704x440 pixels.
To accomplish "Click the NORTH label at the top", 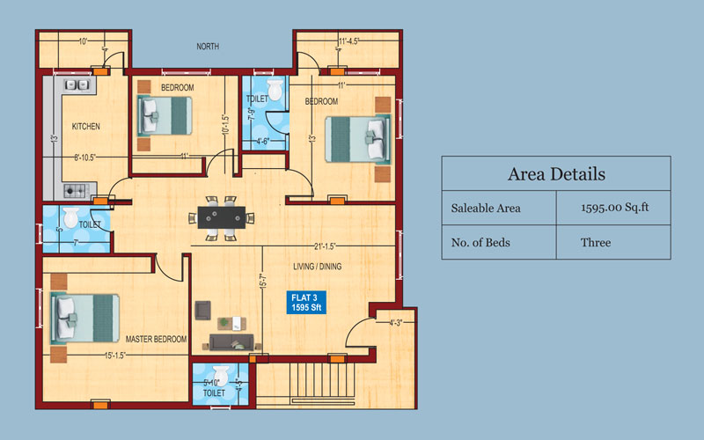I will point(208,47).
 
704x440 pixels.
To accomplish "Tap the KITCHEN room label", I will point(86,127).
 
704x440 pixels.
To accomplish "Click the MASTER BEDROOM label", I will point(156,339).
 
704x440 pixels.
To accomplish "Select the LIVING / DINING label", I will point(318,266).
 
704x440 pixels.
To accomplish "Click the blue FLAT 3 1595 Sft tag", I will point(309,303).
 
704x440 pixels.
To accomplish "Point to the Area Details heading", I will point(556,174).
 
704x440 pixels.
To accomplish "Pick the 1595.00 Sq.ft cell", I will point(613,209).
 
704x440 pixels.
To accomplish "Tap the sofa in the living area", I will point(232,343).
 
